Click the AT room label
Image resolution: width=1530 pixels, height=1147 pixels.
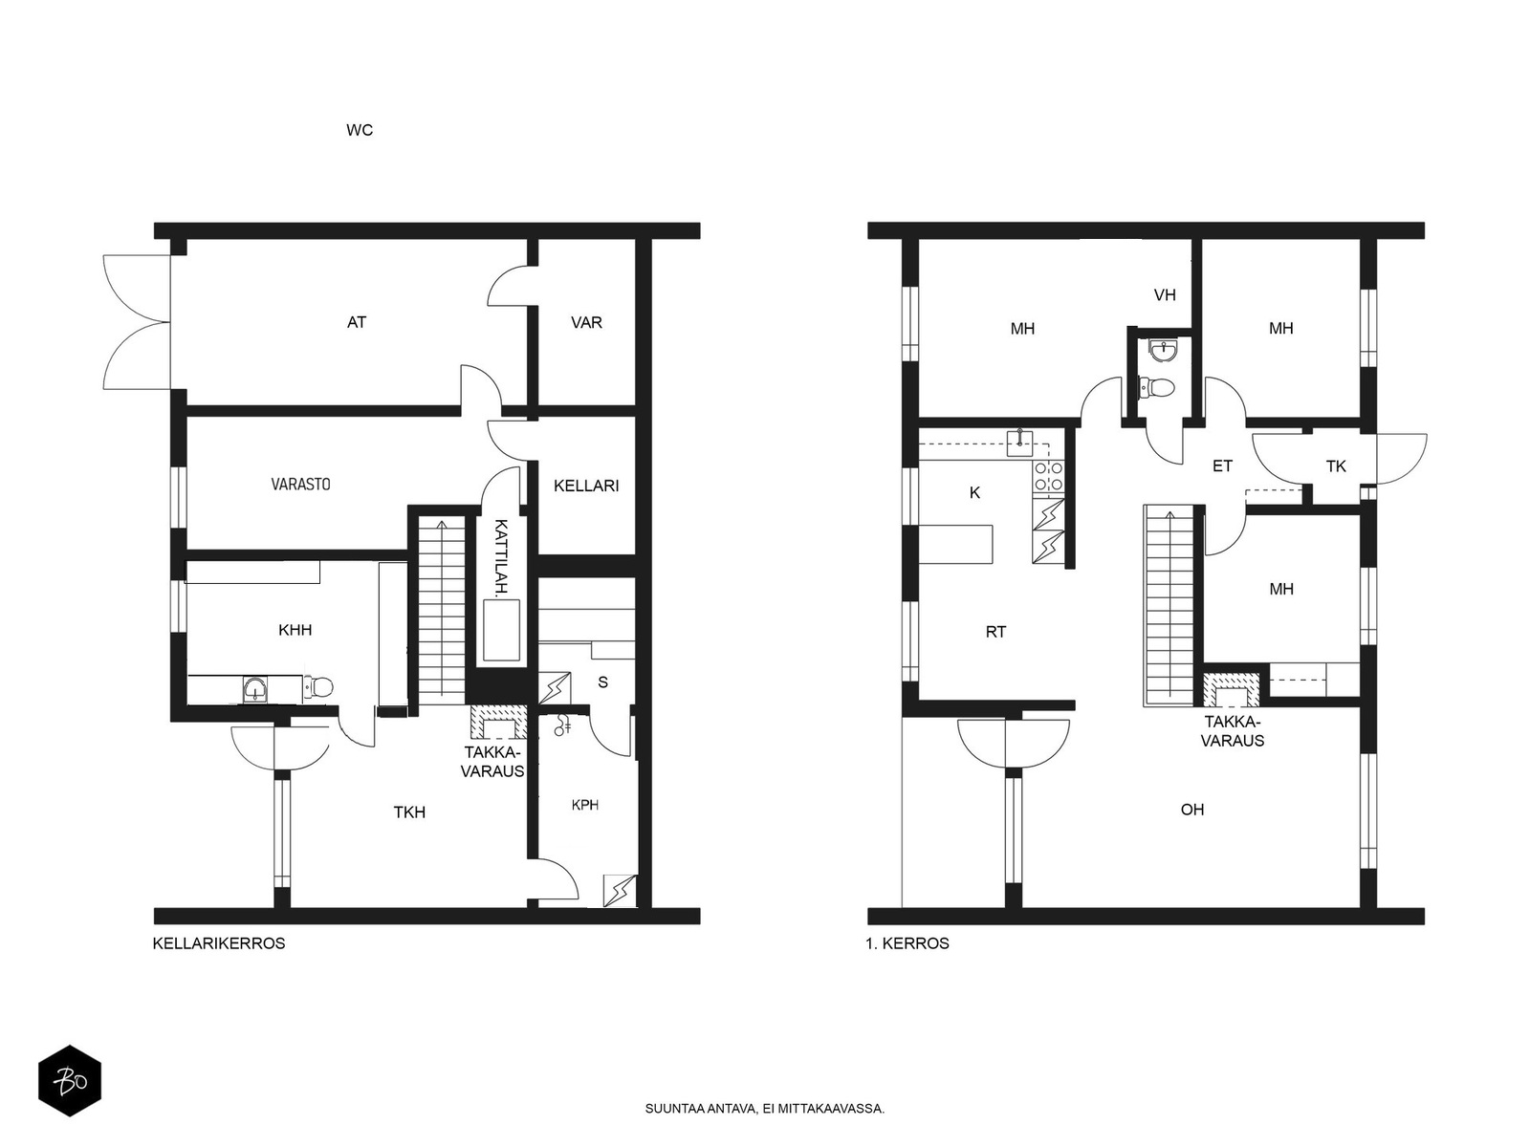(x=356, y=322)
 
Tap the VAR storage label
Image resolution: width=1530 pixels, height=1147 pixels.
(x=586, y=322)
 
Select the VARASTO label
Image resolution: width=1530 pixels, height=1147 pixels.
(x=300, y=484)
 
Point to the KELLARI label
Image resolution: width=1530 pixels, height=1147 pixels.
(x=586, y=487)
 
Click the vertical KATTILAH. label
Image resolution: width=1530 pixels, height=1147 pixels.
(x=500, y=557)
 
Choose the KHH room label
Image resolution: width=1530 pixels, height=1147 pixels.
(x=295, y=630)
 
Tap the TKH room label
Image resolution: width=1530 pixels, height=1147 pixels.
(x=409, y=812)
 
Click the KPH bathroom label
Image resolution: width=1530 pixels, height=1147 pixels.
(x=585, y=805)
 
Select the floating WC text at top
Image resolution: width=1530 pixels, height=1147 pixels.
(x=360, y=130)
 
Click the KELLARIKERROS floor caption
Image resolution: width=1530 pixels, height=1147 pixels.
(x=219, y=943)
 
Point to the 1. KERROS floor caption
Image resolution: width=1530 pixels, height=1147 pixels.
(x=907, y=943)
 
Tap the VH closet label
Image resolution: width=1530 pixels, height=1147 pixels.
(x=1165, y=295)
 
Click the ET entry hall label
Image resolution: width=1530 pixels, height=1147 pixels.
(x=1223, y=465)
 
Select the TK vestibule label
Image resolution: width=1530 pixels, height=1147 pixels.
(x=1336, y=466)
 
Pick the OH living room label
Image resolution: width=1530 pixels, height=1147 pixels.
(x=1192, y=810)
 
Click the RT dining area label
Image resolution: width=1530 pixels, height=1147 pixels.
(x=995, y=632)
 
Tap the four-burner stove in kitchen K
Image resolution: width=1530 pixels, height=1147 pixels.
(x=1048, y=476)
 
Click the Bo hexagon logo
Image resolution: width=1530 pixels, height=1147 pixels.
(x=70, y=1081)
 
